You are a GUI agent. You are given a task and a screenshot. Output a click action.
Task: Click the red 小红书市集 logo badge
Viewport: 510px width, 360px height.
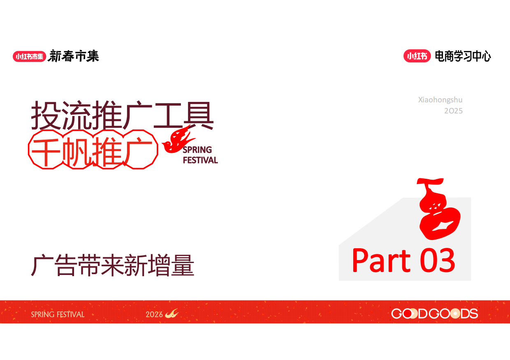tap(29, 56)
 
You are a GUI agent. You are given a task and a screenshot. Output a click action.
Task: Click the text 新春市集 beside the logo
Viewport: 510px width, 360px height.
tap(73, 56)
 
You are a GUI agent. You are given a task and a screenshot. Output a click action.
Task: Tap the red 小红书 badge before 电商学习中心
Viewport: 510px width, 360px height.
tap(417, 56)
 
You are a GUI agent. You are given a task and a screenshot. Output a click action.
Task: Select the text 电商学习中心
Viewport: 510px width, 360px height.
tap(463, 56)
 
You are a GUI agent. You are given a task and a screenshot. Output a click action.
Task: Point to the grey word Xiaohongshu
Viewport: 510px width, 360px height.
tap(440, 100)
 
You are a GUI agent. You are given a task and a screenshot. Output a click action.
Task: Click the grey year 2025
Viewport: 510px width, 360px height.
tap(453, 111)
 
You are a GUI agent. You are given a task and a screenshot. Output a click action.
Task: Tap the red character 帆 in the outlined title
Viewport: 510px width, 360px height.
tap(77, 150)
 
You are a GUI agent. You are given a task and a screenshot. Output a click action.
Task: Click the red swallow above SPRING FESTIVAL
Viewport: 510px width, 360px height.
tap(178, 140)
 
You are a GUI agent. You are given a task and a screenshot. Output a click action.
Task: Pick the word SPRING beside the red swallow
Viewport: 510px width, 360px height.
tap(197, 150)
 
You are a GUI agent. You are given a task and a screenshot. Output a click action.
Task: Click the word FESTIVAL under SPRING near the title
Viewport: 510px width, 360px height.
tap(200, 160)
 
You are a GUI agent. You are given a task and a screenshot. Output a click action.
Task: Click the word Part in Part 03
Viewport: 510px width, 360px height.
tap(381, 261)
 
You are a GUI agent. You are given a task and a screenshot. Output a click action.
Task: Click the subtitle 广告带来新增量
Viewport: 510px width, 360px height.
tap(113, 266)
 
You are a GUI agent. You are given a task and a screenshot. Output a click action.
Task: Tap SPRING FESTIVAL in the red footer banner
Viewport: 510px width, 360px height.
tap(58, 315)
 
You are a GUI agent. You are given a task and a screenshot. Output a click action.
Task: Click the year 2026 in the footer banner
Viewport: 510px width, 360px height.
tap(154, 315)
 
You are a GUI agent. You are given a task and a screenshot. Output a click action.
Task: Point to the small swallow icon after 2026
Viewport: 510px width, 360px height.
tap(172, 314)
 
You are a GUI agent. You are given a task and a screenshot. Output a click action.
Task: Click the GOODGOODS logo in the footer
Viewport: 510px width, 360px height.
tap(434, 314)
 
